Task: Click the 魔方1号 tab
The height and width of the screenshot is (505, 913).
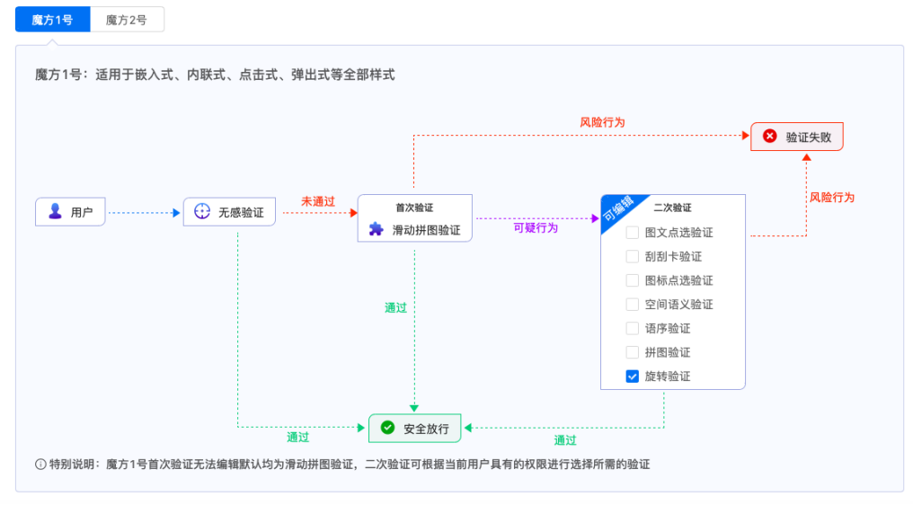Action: point(52,20)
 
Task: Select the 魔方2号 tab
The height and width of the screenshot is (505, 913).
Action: point(127,20)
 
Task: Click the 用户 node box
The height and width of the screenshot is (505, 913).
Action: point(70,212)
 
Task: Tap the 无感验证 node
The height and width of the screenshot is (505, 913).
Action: point(229,212)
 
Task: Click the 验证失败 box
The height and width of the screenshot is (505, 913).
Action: point(797,137)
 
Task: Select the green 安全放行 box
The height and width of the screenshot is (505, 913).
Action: point(414,429)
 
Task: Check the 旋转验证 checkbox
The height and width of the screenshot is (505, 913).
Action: point(633,377)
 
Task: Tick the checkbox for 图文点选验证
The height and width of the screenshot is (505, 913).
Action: point(633,233)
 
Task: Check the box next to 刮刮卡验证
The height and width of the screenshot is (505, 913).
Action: point(633,257)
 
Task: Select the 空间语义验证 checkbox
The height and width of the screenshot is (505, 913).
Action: point(633,305)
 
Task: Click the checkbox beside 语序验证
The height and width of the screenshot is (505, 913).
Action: point(633,329)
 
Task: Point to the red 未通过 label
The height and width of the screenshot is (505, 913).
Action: point(317,201)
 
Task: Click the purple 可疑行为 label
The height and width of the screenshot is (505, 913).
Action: point(536,228)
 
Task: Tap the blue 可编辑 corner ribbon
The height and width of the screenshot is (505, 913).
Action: point(616,210)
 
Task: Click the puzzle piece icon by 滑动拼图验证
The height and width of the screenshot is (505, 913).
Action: point(377,229)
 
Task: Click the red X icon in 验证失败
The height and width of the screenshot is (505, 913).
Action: point(769,137)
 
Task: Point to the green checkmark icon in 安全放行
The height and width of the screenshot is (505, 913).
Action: point(387,428)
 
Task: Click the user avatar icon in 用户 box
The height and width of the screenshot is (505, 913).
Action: point(55,212)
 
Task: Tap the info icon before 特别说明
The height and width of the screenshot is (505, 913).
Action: point(40,465)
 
